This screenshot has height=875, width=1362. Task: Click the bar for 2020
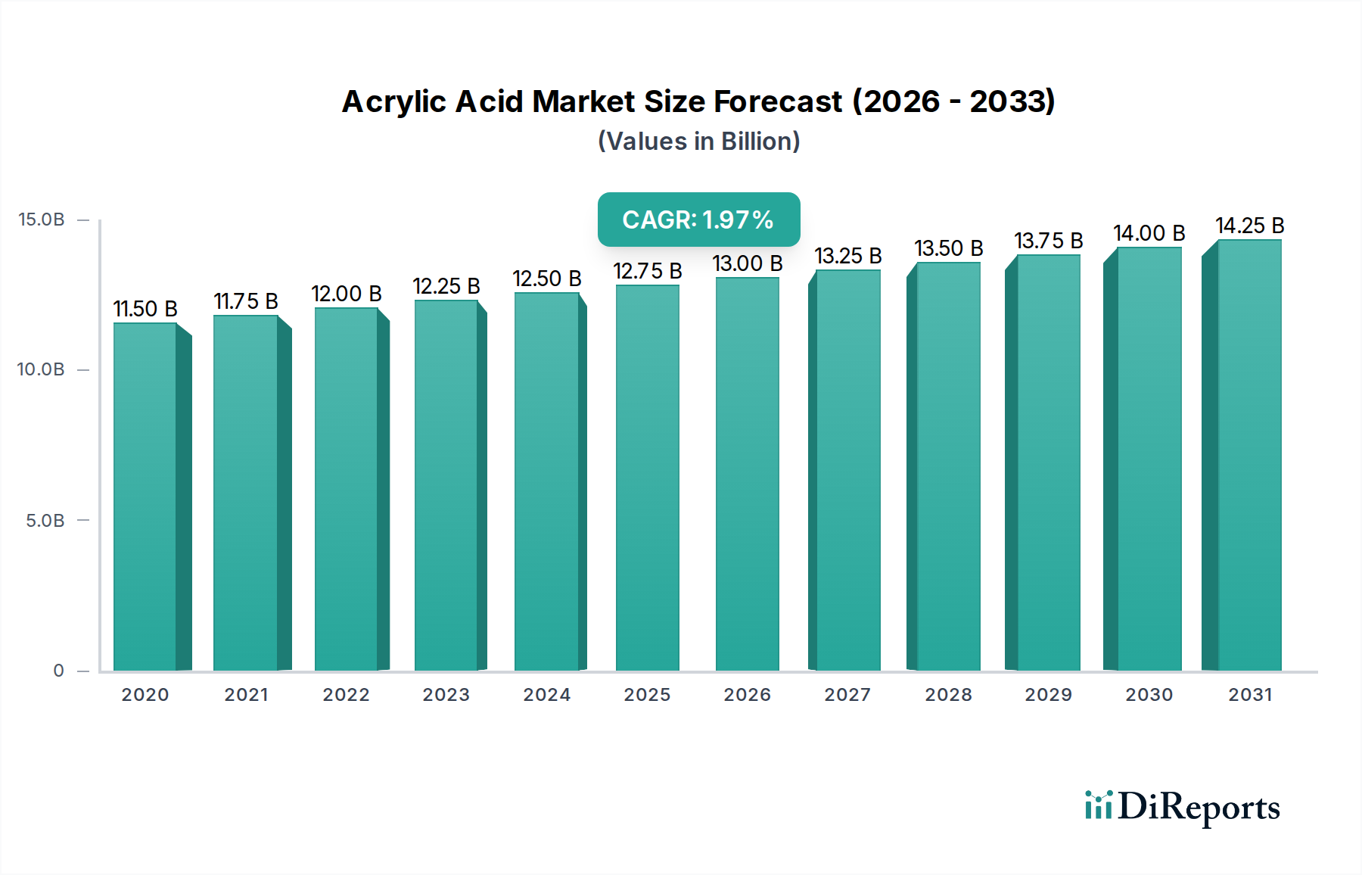[145, 497]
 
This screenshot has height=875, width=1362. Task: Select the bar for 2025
[648, 478]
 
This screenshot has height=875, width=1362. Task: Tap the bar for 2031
[1249, 455]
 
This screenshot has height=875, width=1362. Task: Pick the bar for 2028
[948, 466]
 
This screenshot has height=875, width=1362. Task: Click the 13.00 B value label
[748, 263]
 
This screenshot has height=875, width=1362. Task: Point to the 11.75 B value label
[246, 301]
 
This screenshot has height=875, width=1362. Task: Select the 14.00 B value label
[1149, 233]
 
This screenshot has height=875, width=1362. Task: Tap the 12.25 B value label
[446, 286]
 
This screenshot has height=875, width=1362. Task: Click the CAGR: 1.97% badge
[698, 220]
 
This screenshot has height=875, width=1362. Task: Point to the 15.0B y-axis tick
[42, 220]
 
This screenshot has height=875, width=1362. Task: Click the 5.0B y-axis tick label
[45, 521]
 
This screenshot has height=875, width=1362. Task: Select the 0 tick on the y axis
[58, 671]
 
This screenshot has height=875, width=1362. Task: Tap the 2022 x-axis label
[346, 695]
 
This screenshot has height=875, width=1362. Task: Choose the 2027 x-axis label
[847, 695]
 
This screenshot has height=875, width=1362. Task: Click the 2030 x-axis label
[1149, 695]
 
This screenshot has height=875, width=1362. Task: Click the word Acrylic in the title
[393, 102]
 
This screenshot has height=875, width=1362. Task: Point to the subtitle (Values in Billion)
[698, 142]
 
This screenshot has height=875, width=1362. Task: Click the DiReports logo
[1182, 807]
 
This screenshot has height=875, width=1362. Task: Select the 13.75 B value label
[1049, 241]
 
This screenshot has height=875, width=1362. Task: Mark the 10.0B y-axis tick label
[41, 369]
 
